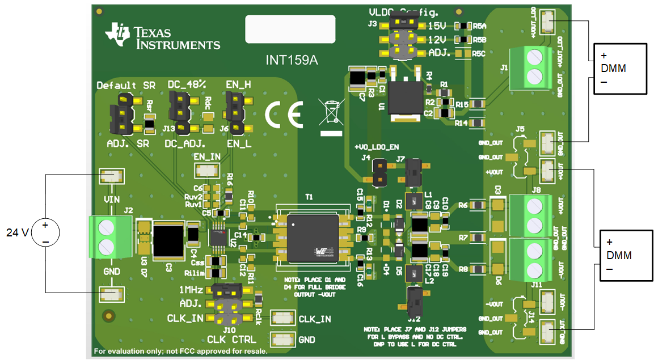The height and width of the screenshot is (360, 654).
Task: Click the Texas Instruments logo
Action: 162,37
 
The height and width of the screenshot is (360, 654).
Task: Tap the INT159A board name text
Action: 292,60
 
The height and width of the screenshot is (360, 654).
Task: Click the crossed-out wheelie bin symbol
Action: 331,113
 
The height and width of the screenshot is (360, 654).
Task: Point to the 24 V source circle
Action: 45,233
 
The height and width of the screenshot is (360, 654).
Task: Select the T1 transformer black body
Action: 313,238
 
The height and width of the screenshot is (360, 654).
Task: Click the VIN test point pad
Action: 111,176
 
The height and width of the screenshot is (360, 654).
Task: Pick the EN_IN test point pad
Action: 206,170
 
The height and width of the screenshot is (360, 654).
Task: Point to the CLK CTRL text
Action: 231,340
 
